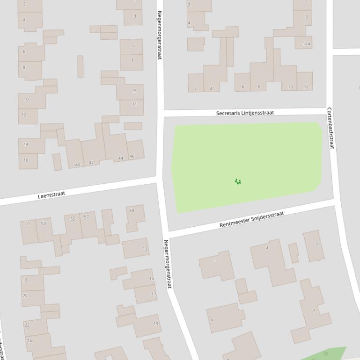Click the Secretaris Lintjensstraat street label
click(x=245, y=113)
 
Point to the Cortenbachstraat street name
click(x=331, y=128)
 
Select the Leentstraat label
click(x=51, y=194)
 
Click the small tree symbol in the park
click(x=238, y=181)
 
